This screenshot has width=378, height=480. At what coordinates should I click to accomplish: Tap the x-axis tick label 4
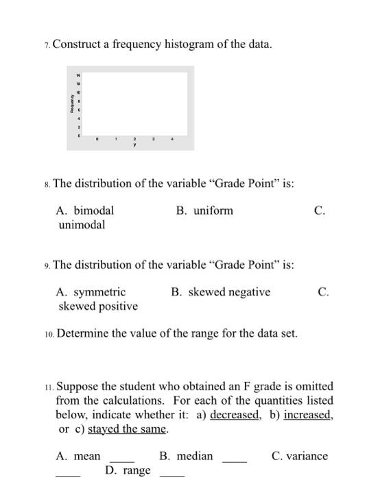click(172, 138)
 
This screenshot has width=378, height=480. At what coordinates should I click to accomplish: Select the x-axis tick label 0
click(97, 138)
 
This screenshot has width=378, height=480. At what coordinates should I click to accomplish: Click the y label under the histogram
click(134, 145)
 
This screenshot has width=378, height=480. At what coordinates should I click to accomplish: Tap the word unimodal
click(82, 224)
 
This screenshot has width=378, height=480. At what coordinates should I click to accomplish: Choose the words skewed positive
click(98, 306)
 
